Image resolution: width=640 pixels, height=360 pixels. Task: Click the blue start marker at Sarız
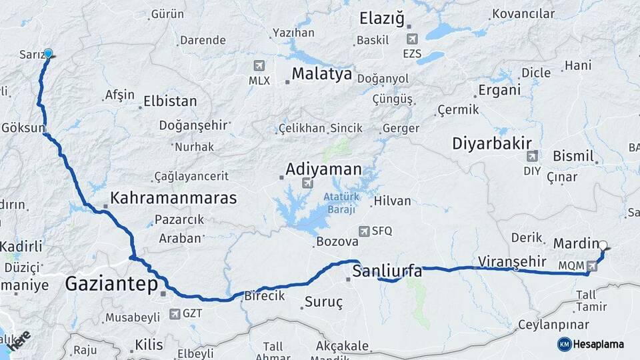(x=48, y=53)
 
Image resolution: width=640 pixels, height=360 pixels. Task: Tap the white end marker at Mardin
(x=603, y=245)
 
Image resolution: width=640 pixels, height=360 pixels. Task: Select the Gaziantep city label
(x=111, y=285)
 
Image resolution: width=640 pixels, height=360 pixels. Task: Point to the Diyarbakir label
(x=491, y=143)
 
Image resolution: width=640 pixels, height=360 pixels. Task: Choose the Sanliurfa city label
(x=387, y=271)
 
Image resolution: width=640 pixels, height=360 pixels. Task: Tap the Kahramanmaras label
(x=173, y=198)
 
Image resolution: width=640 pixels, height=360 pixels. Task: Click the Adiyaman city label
(x=323, y=169)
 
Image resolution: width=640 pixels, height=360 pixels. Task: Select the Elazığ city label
(x=381, y=18)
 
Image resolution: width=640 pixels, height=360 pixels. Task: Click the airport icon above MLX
(x=259, y=66)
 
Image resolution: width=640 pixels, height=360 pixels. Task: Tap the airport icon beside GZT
(x=175, y=313)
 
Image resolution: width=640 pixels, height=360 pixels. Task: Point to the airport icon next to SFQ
(x=364, y=231)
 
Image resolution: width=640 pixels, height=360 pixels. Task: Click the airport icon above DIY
(x=532, y=157)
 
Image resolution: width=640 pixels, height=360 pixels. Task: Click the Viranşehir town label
(x=512, y=261)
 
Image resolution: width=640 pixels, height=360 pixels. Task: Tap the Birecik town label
(x=265, y=295)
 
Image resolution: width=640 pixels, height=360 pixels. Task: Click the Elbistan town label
(x=170, y=102)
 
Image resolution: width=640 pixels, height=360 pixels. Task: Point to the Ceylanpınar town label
(x=555, y=325)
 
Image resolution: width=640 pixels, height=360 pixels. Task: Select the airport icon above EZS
(x=412, y=39)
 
